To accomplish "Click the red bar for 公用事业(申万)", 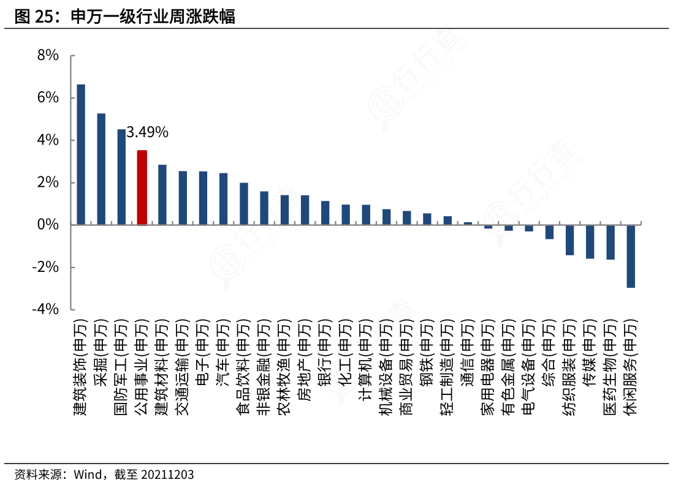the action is coord(142,187).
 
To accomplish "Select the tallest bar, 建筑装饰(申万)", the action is coord(81,154).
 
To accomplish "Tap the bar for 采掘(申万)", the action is coord(101,169).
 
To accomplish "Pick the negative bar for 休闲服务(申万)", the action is coord(631,256).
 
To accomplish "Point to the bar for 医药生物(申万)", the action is coord(610,242).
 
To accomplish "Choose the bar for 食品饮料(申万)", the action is coord(244,204).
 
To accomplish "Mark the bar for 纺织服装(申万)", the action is coord(569,239).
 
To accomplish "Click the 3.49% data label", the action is coord(147,132).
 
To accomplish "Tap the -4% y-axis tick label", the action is coord(45,309).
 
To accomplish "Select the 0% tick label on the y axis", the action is coord(48,224).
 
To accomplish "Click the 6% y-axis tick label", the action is coord(48,97).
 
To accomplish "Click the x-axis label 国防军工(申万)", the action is coord(121,367).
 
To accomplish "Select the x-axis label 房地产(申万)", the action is coord(305,360).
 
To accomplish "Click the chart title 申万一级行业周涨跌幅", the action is coord(153,17).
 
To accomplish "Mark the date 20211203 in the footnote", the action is coord(167,475).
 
